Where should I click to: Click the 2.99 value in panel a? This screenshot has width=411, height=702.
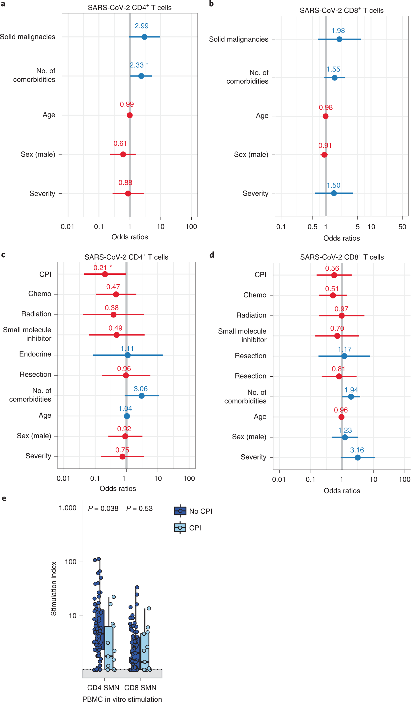point(141,26)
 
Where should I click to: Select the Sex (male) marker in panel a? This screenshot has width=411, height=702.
point(123,154)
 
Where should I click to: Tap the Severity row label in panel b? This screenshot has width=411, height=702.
point(255,193)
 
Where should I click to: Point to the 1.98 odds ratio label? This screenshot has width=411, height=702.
point(338,31)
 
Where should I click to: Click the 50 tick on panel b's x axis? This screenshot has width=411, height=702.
point(402,227)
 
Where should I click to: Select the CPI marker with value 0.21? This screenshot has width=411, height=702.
point(105,274)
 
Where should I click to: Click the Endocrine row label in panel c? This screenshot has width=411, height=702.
point(35,354)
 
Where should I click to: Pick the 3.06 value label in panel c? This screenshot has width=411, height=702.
point(140,388)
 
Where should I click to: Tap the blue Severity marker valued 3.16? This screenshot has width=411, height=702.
point(357,457)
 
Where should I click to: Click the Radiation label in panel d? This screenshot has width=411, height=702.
point(251,315)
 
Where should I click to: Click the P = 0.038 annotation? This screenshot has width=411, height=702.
point(103,508)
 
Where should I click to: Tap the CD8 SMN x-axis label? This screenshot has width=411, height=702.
point(140,687)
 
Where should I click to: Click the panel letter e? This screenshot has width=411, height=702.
point(4,498)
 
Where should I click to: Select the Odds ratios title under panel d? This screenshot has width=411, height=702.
point(342,491)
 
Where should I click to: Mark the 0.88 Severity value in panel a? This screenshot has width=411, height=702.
point(125,183)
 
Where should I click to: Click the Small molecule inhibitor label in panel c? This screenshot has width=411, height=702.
point(27,334)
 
